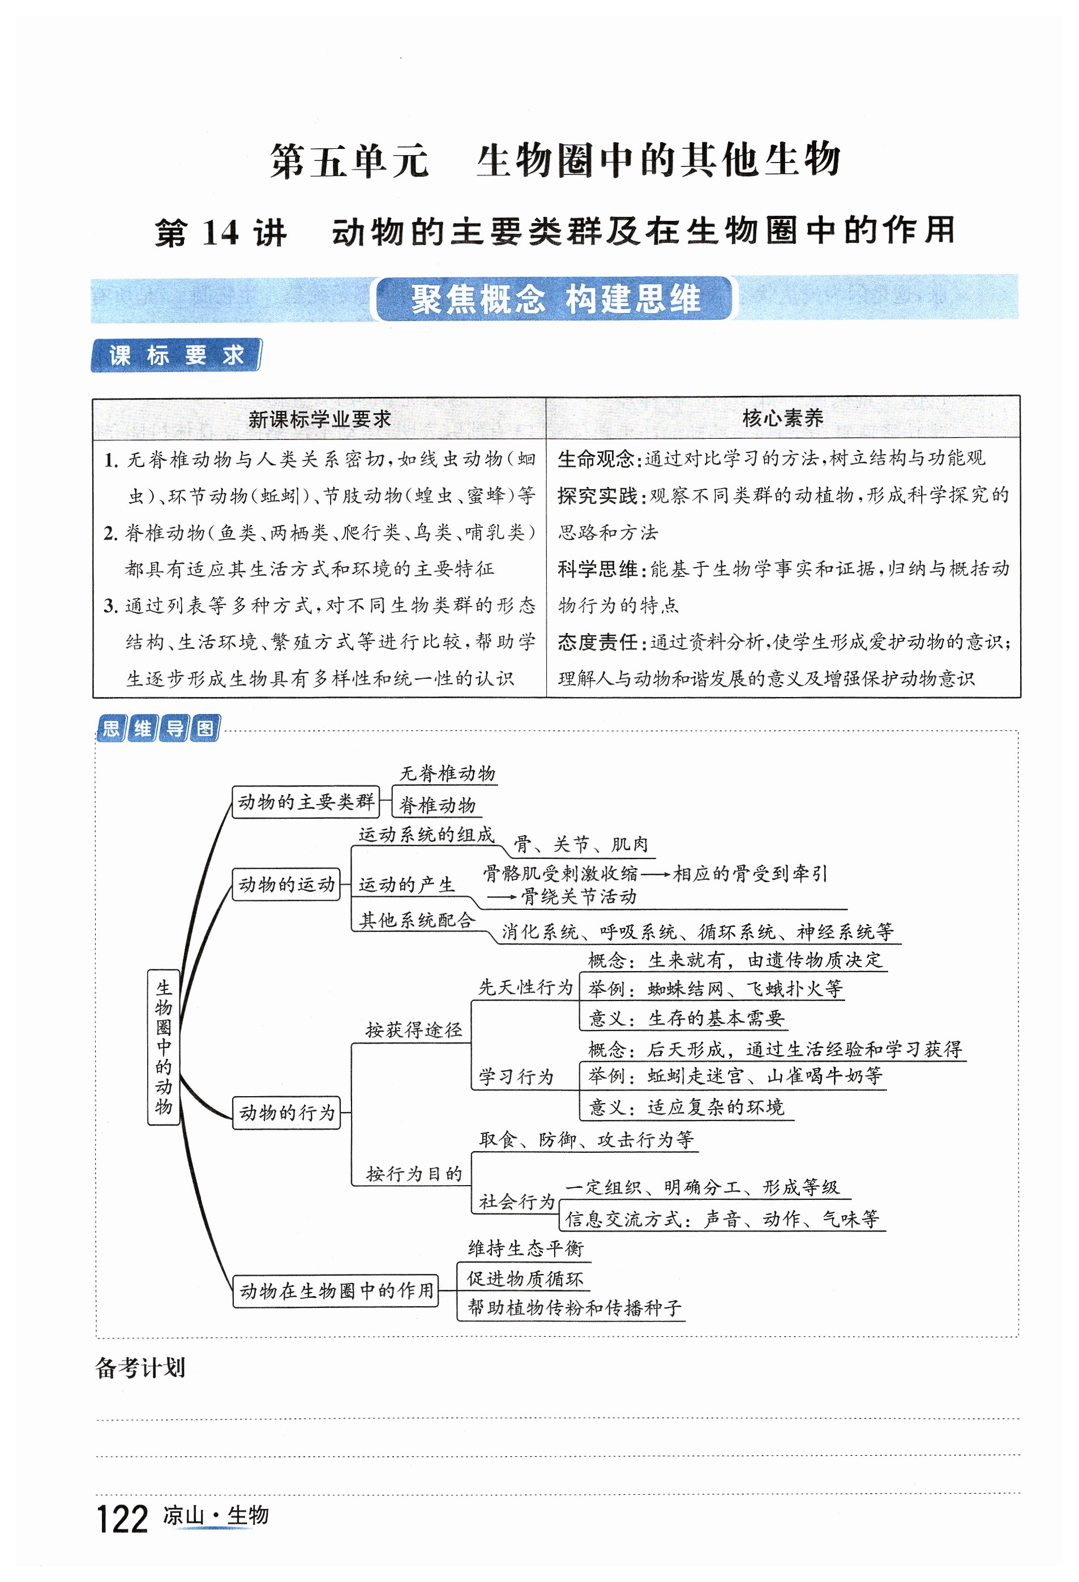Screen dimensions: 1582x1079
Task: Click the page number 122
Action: (122, 1519)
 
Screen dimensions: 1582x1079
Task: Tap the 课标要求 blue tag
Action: (175, 356)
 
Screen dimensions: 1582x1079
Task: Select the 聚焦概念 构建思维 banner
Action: (555, 299)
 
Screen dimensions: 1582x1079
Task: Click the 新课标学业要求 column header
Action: (319, 418)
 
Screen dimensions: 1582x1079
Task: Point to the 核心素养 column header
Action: (783, 418)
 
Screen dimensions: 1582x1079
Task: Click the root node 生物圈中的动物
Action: (164, 1047)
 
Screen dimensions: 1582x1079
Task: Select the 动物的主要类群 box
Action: (305, 802)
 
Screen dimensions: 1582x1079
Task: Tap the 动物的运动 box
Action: (286, 884)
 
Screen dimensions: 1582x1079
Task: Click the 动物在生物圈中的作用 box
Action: (336, 1290)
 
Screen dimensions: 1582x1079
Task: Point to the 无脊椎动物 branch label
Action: (447, 773)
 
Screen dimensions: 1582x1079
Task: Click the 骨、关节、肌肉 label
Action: (581, 845)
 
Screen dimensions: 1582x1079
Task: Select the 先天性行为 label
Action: (525, 987)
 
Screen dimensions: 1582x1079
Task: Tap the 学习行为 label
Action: (516, 1077)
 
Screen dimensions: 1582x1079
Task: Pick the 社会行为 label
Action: (517, 1202)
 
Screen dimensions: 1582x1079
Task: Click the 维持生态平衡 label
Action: (525, 1249)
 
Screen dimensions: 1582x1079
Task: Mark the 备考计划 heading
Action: (140, 1367)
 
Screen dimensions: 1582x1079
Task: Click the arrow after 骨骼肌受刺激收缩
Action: (655, 874)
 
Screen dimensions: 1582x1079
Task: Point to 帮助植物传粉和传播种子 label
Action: (574, 1307)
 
